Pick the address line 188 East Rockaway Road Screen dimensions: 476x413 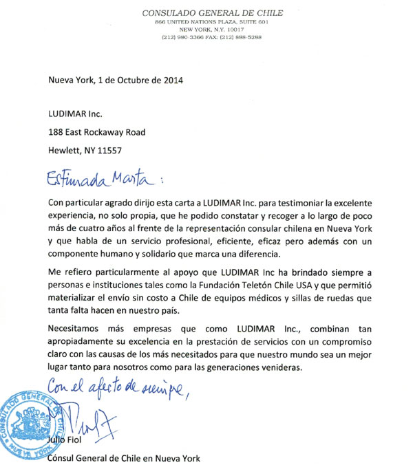point(96,132)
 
